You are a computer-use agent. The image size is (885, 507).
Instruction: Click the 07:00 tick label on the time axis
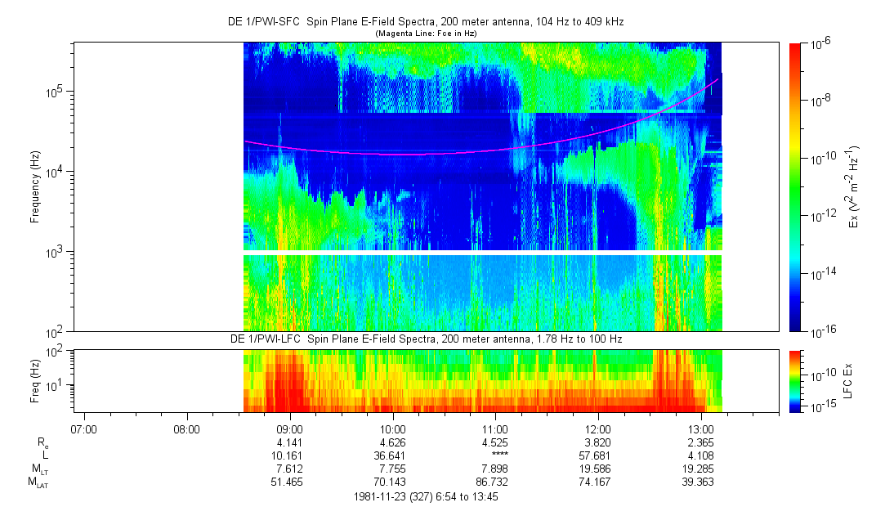84,428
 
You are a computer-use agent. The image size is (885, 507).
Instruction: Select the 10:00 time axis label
393,428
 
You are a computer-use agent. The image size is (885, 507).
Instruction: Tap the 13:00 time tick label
702,428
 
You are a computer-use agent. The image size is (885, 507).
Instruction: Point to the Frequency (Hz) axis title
35,186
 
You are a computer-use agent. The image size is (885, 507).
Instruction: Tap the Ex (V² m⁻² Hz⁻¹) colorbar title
852,186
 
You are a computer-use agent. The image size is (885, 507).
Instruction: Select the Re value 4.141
290,442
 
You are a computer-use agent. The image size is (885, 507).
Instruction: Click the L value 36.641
393,455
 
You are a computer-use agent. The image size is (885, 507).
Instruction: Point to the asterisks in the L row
496,455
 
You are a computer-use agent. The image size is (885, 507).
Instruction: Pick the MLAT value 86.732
496,482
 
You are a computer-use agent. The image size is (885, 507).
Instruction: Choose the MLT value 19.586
599,469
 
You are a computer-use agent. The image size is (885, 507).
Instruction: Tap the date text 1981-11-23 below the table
382,496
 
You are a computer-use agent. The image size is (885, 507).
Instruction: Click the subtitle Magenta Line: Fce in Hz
425,34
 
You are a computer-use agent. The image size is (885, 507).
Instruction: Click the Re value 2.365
702,442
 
